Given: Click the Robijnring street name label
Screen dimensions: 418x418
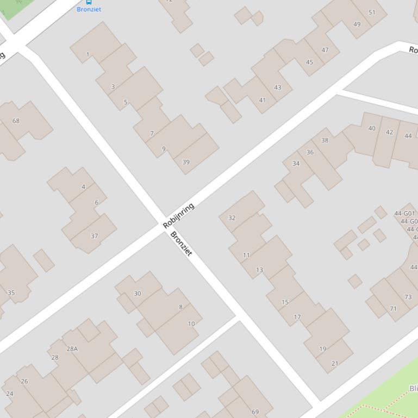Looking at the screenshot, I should pos(179,216).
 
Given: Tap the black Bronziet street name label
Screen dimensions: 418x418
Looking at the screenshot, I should pos(182,244).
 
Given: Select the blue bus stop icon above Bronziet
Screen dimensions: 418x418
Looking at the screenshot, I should pos(89,2).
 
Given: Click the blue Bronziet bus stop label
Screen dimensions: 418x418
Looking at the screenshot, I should pos(89,9).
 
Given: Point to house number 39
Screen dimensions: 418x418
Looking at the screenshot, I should pos(186,162).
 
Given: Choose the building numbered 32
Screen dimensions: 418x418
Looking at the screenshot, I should pos(232,218).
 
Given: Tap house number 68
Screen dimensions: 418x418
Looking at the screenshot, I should pos(16,121).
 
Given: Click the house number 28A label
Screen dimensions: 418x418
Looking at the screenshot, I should pos(72,349).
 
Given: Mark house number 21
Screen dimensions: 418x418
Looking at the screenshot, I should pos(334,363).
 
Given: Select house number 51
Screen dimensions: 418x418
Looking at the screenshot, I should pos(372,12).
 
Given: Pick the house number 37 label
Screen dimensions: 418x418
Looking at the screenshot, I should pos(95,236).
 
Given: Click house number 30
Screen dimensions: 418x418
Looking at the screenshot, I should pos(138,293).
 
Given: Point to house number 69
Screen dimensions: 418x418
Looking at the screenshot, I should pos(255,411).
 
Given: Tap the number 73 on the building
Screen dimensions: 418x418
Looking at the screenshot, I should pos(408,297).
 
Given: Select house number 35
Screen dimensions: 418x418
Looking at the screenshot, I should pos(11,293).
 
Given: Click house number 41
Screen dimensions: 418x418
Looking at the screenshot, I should pos(263,100).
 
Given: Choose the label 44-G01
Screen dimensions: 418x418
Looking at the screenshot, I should pos(404,213).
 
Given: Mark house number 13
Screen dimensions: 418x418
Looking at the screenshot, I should pos(259,269).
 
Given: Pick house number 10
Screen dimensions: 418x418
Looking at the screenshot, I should pos(191,324).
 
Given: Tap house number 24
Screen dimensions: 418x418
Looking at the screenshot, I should pos(9,394).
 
